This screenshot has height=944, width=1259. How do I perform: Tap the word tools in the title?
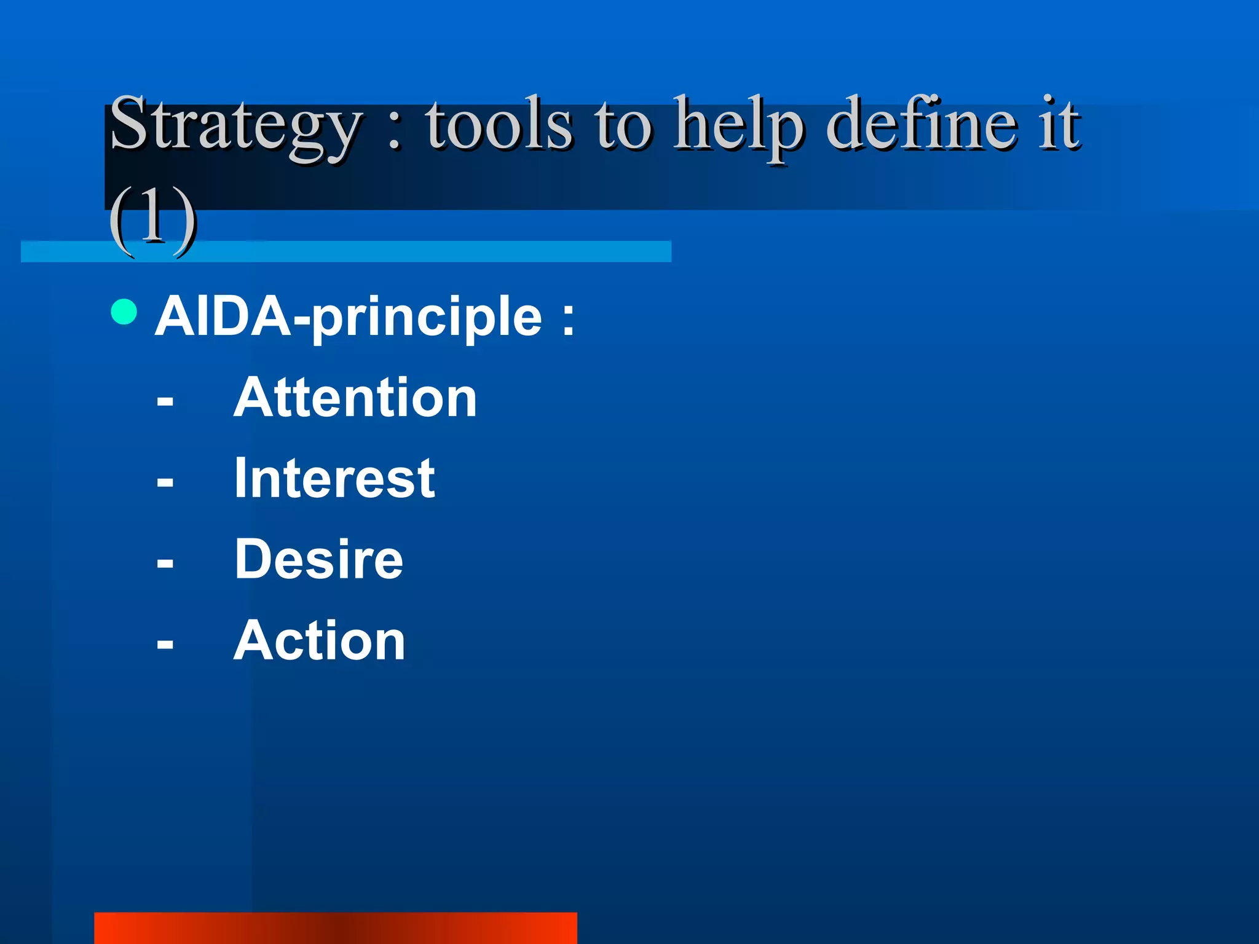[x=499, y=126]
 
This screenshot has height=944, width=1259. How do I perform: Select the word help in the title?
[x=738, y=126]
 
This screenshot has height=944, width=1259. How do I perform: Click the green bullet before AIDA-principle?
[x=124, y=312]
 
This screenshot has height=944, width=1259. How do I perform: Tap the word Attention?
[x=355, y=398]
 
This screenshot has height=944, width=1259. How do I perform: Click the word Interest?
[x=334, y=479]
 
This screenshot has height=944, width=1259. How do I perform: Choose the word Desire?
[x=318, y=559]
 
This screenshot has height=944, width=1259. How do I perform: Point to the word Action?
[x=320, y=641]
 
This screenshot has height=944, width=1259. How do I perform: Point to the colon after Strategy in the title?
[x=395, y=132]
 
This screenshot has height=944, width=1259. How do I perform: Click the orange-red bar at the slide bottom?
[x=335, y=927]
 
